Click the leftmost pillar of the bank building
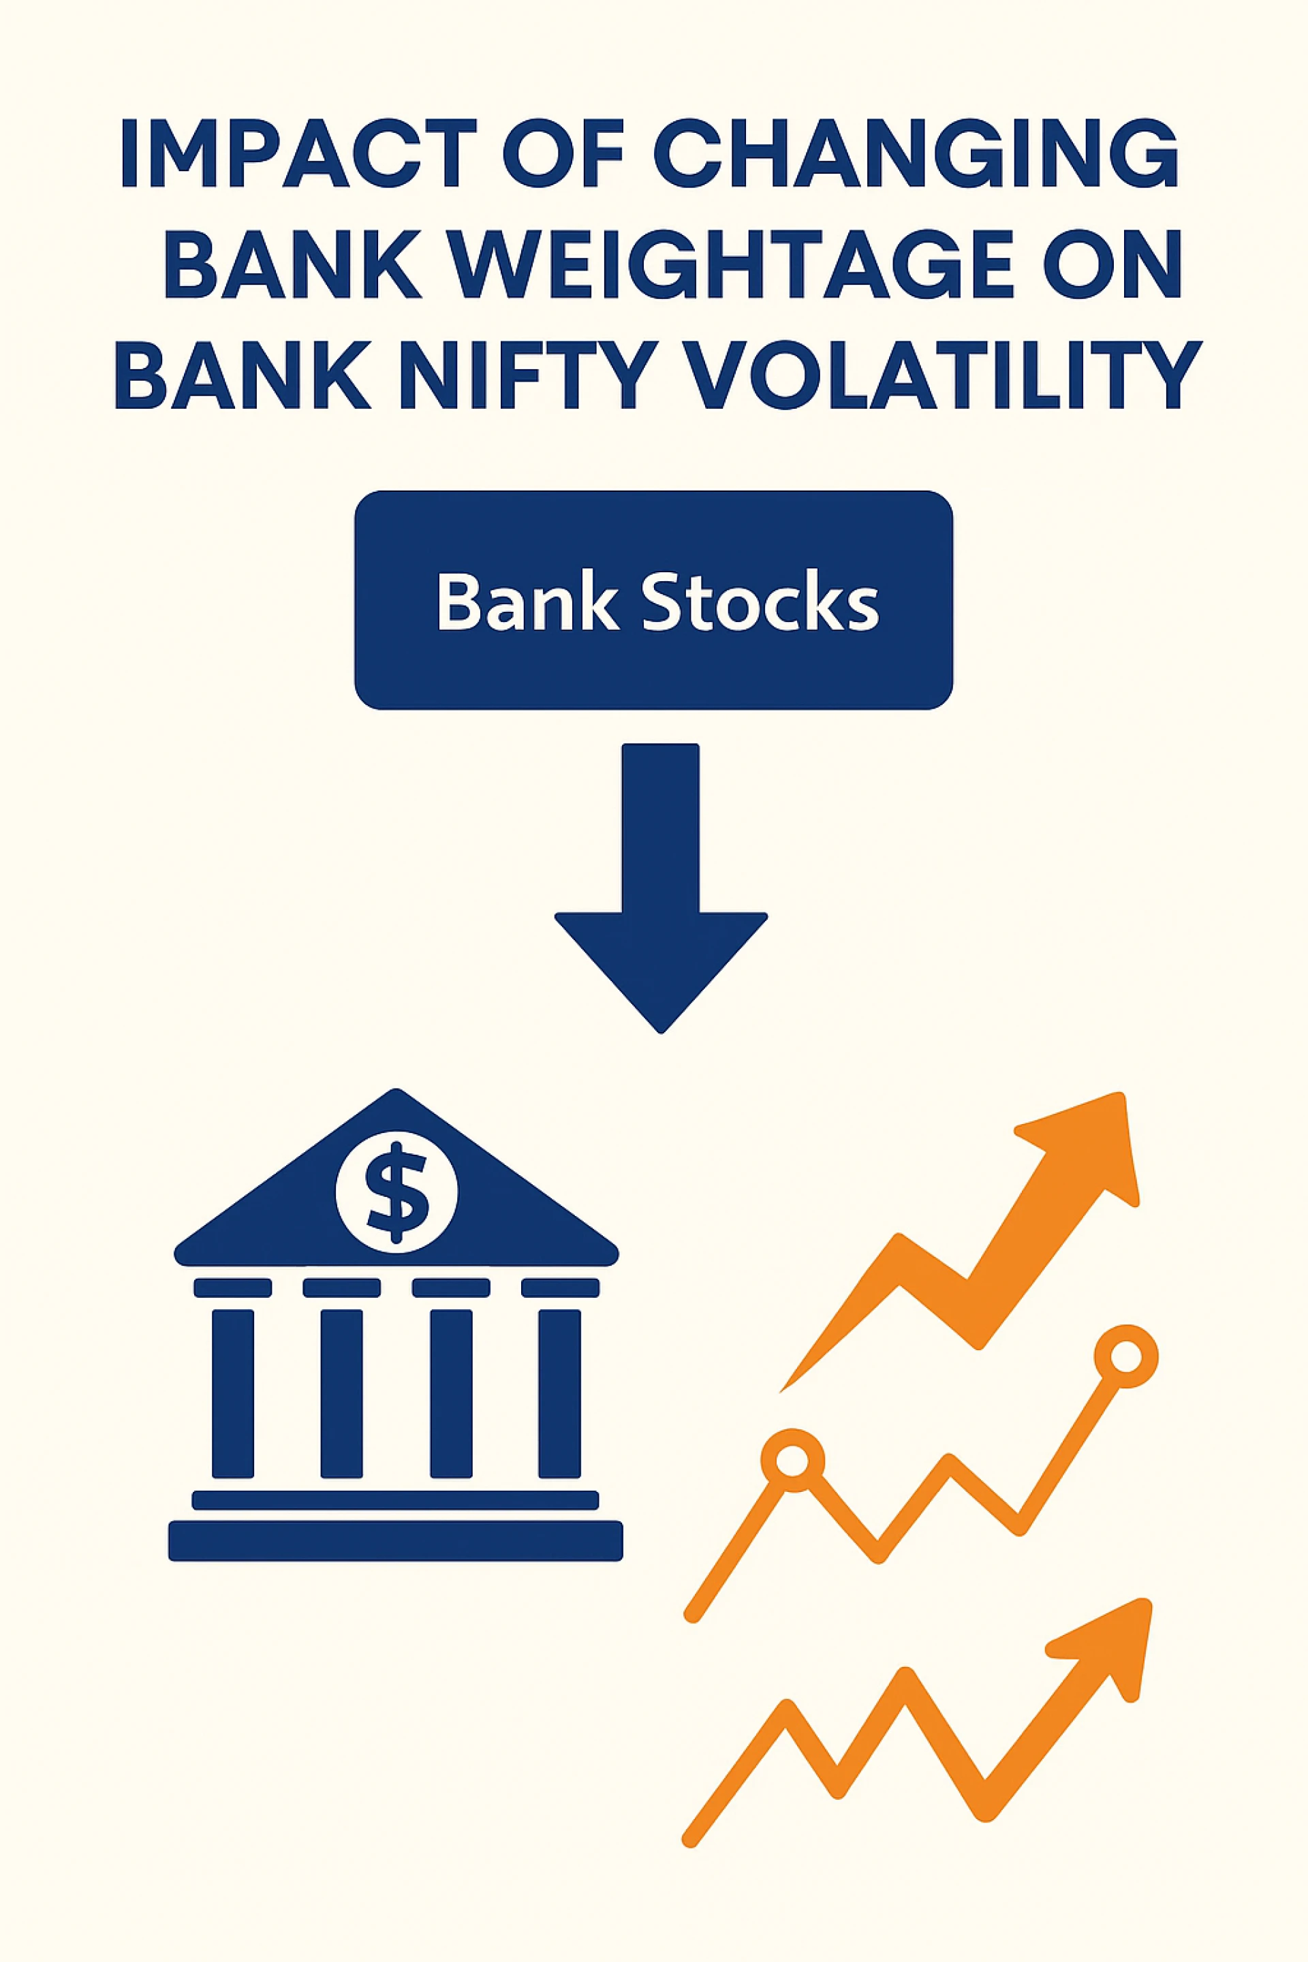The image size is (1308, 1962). click(x=233, y=1393)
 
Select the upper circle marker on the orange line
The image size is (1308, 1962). click(x=1125, y=1356)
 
